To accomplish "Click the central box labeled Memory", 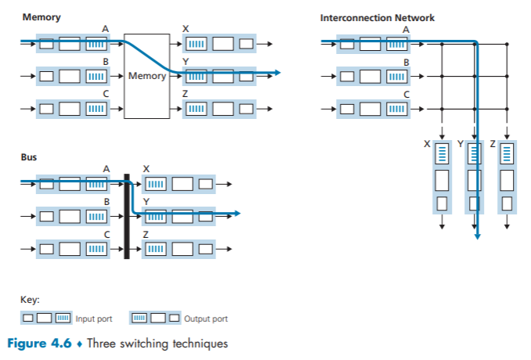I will (146, 76).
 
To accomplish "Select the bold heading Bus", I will (28, 157).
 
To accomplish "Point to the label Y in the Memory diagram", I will (185, 60).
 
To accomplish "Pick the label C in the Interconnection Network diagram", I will (406, 94).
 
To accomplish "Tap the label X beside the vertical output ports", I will (426, 143).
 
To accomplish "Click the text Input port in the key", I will (94, 319).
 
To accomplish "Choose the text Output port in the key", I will (205, 319).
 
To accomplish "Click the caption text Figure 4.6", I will (39, 343).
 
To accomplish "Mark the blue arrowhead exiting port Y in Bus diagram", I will (236, 213).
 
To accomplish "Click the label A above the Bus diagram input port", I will (107, 168).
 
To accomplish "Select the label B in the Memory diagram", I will (106, 60).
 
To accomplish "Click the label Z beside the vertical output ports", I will (491, 143).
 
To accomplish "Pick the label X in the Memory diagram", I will (185, 28).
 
